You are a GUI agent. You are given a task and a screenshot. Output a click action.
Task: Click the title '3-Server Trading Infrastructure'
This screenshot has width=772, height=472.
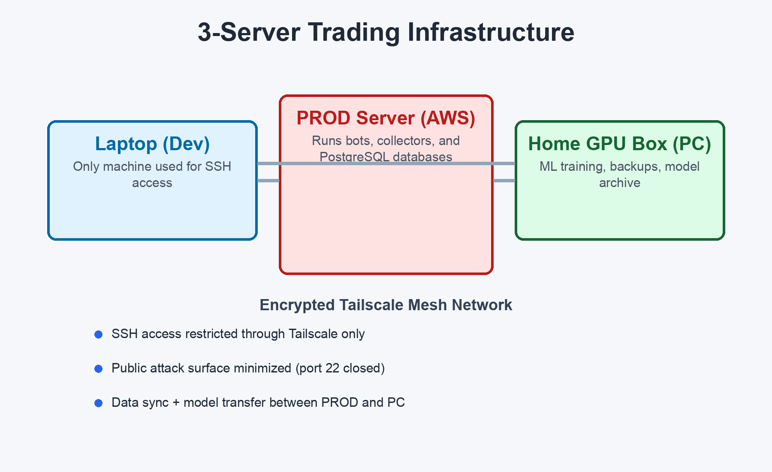point(386,32)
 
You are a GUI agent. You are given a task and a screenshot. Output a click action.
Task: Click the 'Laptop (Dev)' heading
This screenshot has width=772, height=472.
point(152,144)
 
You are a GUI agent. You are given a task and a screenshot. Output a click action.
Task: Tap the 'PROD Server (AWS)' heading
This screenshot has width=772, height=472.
point(386,118)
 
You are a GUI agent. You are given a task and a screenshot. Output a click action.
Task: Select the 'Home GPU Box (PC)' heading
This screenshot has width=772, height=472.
point(620,144)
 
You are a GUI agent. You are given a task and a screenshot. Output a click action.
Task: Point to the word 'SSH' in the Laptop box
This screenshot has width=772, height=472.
point(218,166)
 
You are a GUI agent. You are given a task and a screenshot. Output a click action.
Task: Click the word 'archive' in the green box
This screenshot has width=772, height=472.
point(620,183)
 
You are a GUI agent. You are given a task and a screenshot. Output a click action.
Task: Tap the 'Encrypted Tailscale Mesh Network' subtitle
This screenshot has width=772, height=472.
point(386,305)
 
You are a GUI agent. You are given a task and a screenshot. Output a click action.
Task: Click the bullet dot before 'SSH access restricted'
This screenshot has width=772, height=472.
point(98,334)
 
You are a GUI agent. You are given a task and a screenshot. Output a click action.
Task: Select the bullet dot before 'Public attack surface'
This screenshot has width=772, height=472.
point(98,369)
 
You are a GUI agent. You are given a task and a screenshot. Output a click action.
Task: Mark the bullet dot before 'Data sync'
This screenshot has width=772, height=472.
point(98,403)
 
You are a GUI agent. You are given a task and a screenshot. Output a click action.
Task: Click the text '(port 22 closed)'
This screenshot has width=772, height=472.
point(340,368)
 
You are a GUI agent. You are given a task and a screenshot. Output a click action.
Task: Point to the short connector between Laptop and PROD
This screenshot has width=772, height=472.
point(268,181)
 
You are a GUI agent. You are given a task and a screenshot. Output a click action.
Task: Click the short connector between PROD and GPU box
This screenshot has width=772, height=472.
point(504,181)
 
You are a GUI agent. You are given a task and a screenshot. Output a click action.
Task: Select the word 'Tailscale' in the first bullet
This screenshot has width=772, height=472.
point(313,334)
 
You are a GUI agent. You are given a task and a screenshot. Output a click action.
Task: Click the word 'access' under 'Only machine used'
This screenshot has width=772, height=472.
point(152,183)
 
